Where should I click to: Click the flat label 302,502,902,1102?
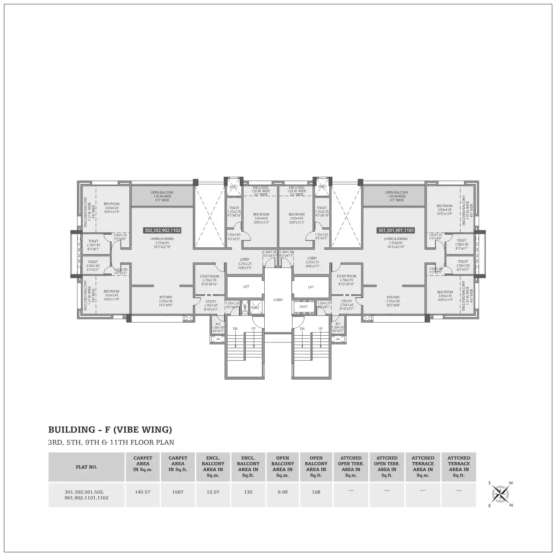point(162,231)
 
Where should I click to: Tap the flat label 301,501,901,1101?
point(395,231)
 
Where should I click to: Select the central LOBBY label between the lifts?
point(278,300)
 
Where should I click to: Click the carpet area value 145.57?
point(143,492)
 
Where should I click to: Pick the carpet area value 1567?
point(178,492)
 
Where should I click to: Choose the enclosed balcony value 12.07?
point(213,492)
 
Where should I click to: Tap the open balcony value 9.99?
point(282,492)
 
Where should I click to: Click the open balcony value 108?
point(316,492)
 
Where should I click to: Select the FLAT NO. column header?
point(87,467)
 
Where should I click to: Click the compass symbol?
point(501,493)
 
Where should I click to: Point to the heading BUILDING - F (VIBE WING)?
point(110,430)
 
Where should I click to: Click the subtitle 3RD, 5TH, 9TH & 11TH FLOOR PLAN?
point(111,443)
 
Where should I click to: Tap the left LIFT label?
point(246,287)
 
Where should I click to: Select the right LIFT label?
point(311,287)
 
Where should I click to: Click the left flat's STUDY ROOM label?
point(210,277)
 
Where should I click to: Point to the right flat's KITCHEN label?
point(393,297)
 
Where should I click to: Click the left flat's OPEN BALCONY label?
point(162,192)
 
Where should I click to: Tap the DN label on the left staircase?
point(236,329)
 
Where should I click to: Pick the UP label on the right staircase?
point(320,329)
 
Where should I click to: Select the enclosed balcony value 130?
point(248,492)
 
